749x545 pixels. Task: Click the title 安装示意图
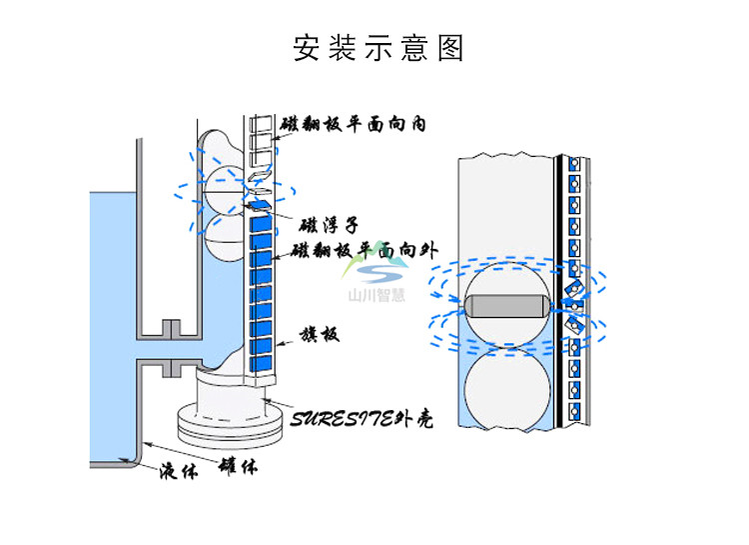378,48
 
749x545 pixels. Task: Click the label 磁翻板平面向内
354,124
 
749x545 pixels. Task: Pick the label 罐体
237,466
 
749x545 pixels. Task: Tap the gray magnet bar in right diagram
505,305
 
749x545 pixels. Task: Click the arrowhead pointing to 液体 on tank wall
146,442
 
